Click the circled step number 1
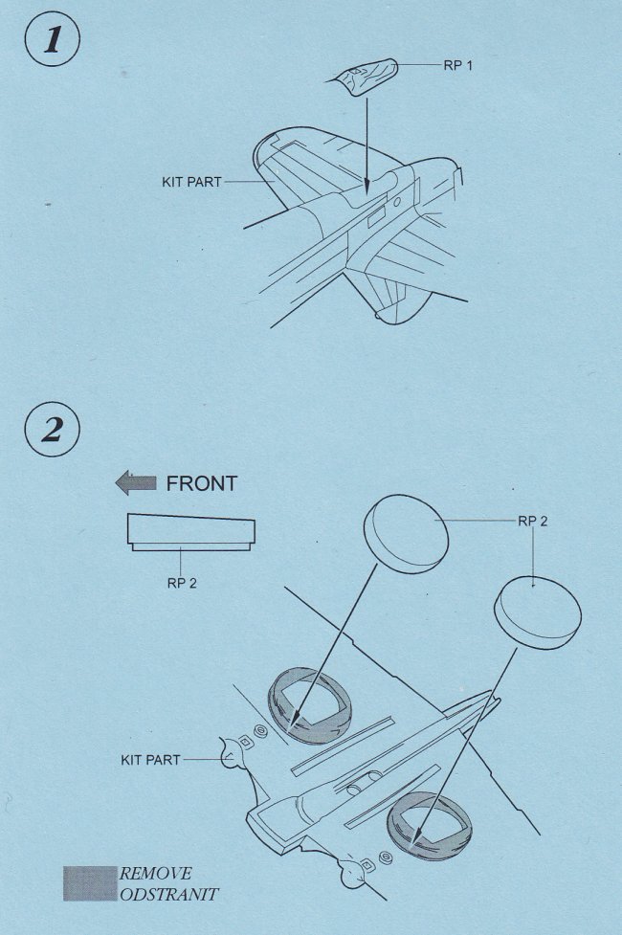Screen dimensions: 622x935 (53, 39)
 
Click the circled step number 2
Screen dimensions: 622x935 (53, 429)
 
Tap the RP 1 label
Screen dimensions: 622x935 (457, 66)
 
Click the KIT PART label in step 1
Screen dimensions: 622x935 (191, 182)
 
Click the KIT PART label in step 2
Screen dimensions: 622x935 (150, 760)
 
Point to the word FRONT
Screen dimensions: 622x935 (202, 483)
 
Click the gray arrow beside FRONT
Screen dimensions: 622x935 (135, 483)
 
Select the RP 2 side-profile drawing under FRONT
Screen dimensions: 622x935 (190, 532)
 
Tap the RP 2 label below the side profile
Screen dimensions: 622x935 (182, 583)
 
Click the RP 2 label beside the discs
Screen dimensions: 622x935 (533, 522)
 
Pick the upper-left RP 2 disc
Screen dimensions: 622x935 (406, 534)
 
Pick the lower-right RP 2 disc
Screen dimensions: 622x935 (538, 612)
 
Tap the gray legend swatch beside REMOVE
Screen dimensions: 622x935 (90, 883)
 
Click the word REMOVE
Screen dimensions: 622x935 (156, 874)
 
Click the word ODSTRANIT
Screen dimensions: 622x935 (169, 895)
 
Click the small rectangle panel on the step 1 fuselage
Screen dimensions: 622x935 (377, 217)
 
